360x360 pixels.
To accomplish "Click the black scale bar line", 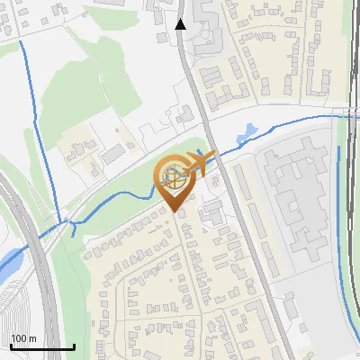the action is tap(42, 346).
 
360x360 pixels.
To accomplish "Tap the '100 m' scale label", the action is tap(23, 338).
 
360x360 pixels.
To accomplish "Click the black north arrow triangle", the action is tap(181, 24).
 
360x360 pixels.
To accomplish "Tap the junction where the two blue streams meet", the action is tap(64, 220).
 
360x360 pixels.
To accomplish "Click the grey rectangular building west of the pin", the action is tap(112, 157).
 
